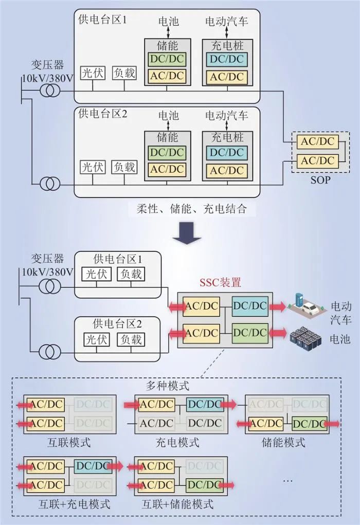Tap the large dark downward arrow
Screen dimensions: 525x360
(186, 232)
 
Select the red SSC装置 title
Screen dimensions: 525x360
(220, 282)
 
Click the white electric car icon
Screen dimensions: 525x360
(309, 308)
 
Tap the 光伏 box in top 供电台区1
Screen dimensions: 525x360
(93, 73)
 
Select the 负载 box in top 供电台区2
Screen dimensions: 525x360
(124, 167)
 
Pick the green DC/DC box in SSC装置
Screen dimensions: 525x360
(249, 333)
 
